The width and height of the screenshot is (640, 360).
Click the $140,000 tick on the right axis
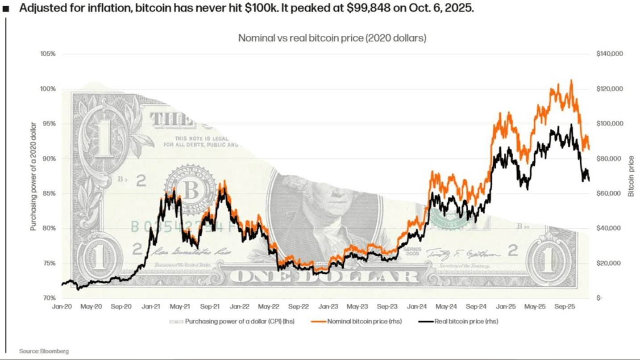pyautogui.click(x=610, y=54)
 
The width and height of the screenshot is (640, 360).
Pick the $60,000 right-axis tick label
pyautogui.click(x=609, y=193)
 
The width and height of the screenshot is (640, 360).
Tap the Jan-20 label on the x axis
pyautogui.click(x=62, y=307)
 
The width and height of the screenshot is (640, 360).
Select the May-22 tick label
pyautogui.click(x=269, y=307)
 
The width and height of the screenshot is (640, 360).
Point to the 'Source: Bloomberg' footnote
pyautogui.click(x=44, y=352)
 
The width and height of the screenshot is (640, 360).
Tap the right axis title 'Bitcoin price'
pyautogui.click(x=631, y=176)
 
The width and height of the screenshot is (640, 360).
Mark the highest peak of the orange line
pyautogui.click(x=571, y=81)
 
